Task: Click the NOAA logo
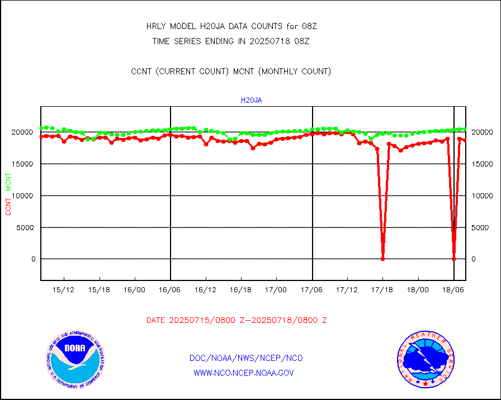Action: [x=75, y=358]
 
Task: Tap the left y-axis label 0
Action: [x=33, y=259]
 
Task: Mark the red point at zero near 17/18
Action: [x=383, y=259]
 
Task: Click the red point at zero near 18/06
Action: [x=453, y=259]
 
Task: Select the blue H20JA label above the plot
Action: [x=251, y=101]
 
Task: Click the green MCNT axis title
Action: [x=8, y=182]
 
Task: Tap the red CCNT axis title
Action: [x=8, y=207]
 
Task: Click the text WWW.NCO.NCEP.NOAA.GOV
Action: [x=243, y=373]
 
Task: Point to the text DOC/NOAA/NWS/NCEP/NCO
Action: [x=246, y=358]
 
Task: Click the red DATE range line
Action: [x=237, y=321]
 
